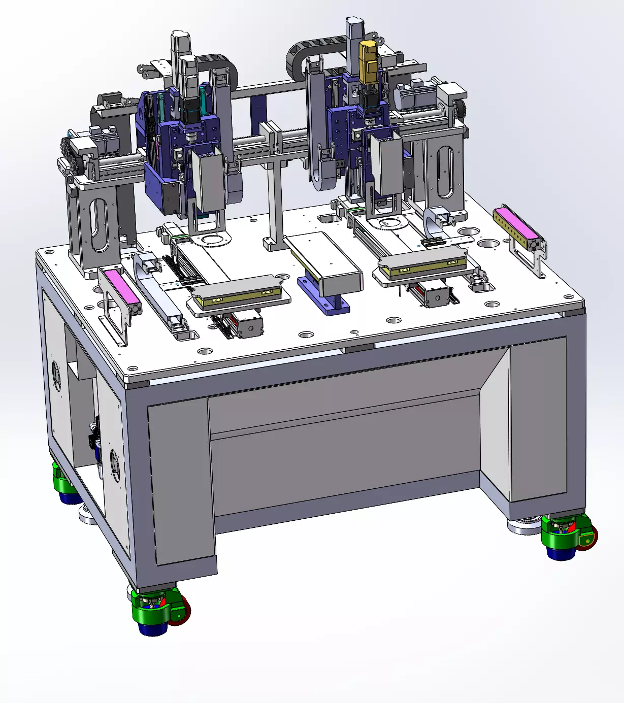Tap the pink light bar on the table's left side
click(x=120, y=287)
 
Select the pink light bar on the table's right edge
click(x=516, y=224)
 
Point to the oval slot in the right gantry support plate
click(x=445, y=172)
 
